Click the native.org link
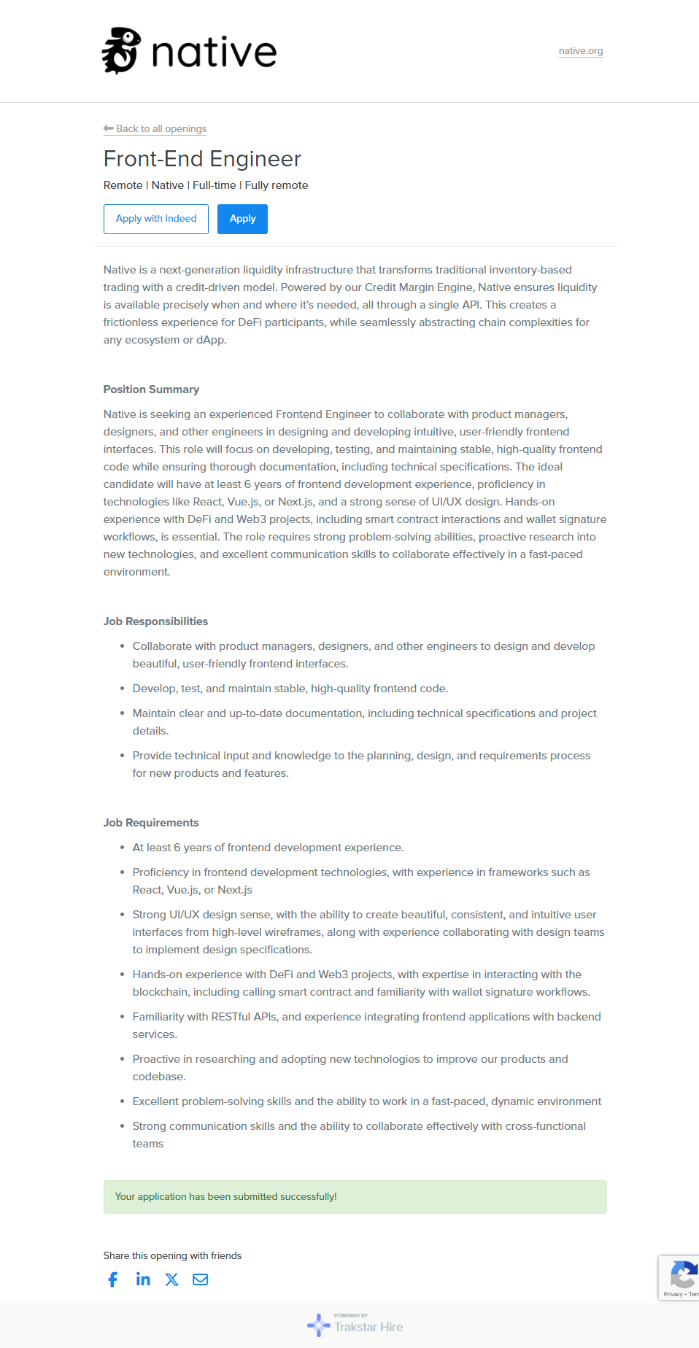click(x=581, y=51)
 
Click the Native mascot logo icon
click(x=121, y=51)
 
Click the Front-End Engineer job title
click(x=202, y=159)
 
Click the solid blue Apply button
click(x=242, y=219)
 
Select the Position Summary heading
click(x=151, y=390)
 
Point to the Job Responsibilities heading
click(x=155, y=621)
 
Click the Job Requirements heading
click(x=151, y=823)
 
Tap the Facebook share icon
click(x=113, y=1279)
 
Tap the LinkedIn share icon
click(x=143, y=1279)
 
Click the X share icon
click(x=171, y=1279)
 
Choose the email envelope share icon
click(x=200, y=1279)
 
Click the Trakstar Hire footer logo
click(x=355, y=1325)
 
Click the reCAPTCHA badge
click(x=680, y=1277)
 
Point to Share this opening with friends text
click(x=172, y=1255)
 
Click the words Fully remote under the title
click(x=277, y=185)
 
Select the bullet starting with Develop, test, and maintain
click(x=290, y=689)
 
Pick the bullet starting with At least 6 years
click(x=268, y=848)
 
